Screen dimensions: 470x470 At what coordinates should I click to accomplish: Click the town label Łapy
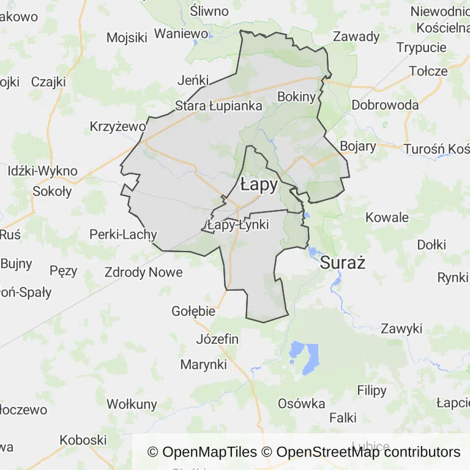(x=259, y=184)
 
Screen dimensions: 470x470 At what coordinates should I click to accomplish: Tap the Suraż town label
(x=343, y=264)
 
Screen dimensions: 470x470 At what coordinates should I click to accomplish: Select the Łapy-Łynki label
(x=238, y=225)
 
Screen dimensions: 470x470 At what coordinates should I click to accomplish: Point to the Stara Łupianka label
(x=218, y=106)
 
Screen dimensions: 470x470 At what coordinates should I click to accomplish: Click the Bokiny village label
(x=296, y=97)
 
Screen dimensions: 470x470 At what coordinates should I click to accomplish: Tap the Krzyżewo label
(x=117, y=127)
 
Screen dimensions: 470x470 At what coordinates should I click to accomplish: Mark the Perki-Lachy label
(x=123, y=234)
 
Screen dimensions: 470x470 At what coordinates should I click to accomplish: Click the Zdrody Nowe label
(x=143, y=272)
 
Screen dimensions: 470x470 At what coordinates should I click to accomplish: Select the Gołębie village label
(x=193, y=311)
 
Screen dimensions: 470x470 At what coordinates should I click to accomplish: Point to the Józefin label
(x=217, y=339)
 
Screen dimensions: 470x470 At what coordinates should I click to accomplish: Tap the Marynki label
(x=203, y=365)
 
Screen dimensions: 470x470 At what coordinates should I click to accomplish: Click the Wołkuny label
(x=132, y=404)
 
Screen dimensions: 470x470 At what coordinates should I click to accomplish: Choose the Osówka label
(x=301, y=403)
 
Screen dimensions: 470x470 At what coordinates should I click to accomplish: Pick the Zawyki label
(x=401, y=329)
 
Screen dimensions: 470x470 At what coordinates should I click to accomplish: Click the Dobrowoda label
(x=385, y=105)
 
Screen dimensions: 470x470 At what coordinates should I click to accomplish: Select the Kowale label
(x=387, y=217)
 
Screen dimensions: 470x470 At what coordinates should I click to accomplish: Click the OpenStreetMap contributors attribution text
(x=368, y=452)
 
